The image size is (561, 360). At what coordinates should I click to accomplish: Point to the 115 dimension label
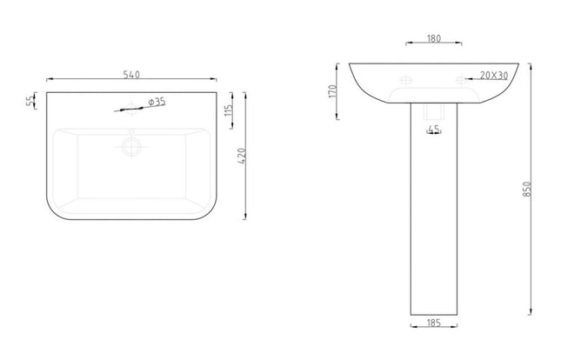(227, 110)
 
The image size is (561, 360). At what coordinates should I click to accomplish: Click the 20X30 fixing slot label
(492, 76)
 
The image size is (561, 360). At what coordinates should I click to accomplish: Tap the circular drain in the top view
(132, 145)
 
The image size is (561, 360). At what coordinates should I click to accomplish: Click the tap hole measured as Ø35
(130, 110)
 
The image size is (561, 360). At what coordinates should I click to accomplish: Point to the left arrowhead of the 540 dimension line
(49, 80)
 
